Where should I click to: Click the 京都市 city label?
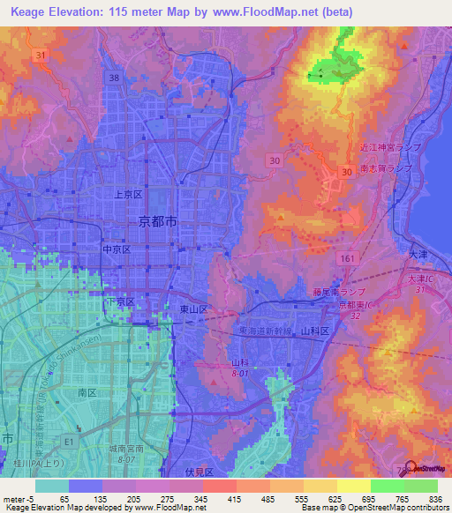pyautogui.click(x=158, y=223)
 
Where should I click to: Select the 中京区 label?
pyautogui.click(x=117, y=249)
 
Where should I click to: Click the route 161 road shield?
pyautogui.click(x=348, y=253)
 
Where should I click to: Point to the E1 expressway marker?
pyautogui.click(x=68, y=422)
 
